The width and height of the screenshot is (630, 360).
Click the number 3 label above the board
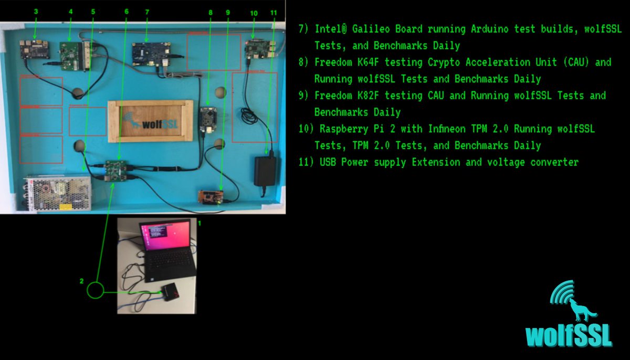coord(36,11)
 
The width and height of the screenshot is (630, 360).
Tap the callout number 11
coord(273,12)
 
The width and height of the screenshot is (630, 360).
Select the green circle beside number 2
coord(96,290)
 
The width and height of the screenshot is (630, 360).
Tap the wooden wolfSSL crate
coord(150,121)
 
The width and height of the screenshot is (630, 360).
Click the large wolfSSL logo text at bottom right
coord(569,336)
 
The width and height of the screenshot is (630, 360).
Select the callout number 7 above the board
coord(147,11)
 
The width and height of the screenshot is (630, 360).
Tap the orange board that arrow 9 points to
coord(211,196)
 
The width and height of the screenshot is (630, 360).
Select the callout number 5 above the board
coord(93,11)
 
